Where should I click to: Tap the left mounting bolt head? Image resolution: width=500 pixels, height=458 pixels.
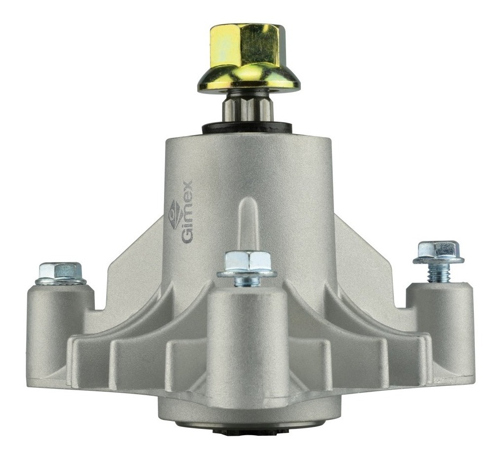(x=60, y=270)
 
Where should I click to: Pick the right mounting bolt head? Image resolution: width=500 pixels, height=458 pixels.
(x=438, y=250)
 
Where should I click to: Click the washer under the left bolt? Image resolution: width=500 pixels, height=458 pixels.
(x=60, y=281)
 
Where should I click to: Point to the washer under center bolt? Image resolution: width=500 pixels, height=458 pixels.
(x=247, y=273)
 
